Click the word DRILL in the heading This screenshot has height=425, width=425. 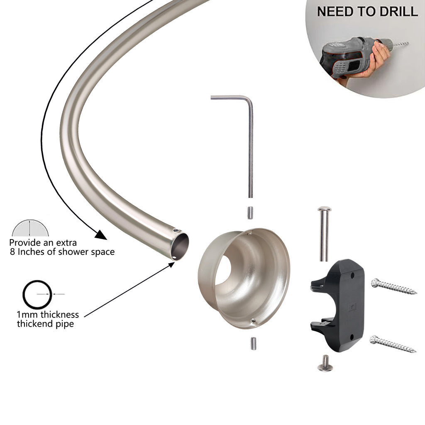pos(398,11)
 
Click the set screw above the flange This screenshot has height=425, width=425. pos(250,213)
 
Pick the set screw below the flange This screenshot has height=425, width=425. pos(254,343)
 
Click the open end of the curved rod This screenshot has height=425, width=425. pos(180,247)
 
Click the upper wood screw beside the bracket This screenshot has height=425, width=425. pos(393,286)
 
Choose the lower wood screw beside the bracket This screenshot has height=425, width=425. pos(393,344)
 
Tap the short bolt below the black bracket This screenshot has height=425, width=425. pos(325,363)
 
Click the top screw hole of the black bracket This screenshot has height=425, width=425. pos(352,276)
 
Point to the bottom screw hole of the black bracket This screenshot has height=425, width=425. pos(352,337)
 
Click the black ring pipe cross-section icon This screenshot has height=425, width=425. pos(37,294)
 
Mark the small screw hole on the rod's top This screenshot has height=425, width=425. pos(176,231)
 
